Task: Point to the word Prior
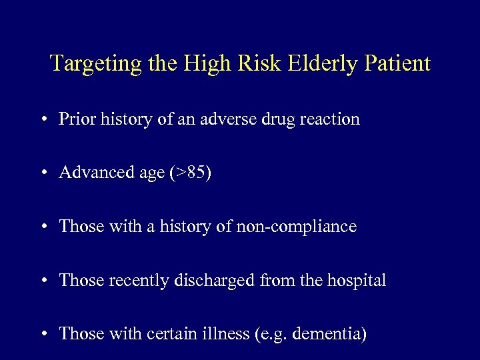click(x=75, y=119)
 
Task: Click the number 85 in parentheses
click(x=197, y=173)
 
